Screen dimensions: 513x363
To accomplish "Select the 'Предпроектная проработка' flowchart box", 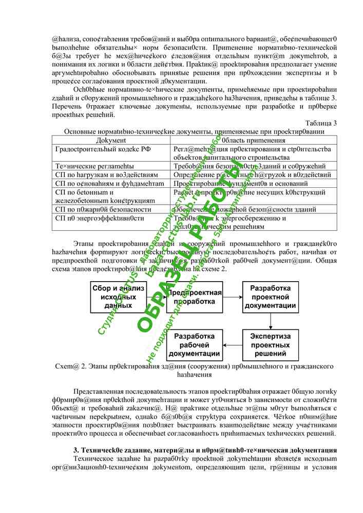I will tap(193, 297).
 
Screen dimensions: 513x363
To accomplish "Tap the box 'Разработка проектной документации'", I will tap(270, 297).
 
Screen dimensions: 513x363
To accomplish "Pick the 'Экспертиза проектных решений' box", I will tap(270, 345).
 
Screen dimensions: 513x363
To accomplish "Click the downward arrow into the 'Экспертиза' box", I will tap(270, 321).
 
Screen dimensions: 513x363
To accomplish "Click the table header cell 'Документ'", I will tap(111, 140).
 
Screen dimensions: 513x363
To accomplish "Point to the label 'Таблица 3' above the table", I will tap(321, 123).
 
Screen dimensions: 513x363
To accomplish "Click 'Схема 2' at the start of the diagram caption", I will tap(68, 366).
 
